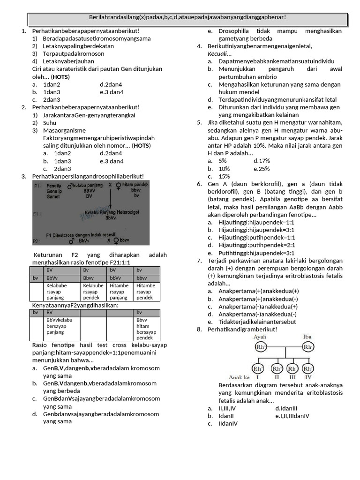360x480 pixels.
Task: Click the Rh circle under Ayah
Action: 261,347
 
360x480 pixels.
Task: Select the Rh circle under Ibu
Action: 308,347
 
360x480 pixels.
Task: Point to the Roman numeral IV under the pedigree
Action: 308,377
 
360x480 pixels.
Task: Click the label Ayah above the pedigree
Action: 260,337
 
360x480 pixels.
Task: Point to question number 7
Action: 199,261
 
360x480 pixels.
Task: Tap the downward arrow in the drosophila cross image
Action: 110,202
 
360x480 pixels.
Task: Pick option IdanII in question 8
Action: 226,416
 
